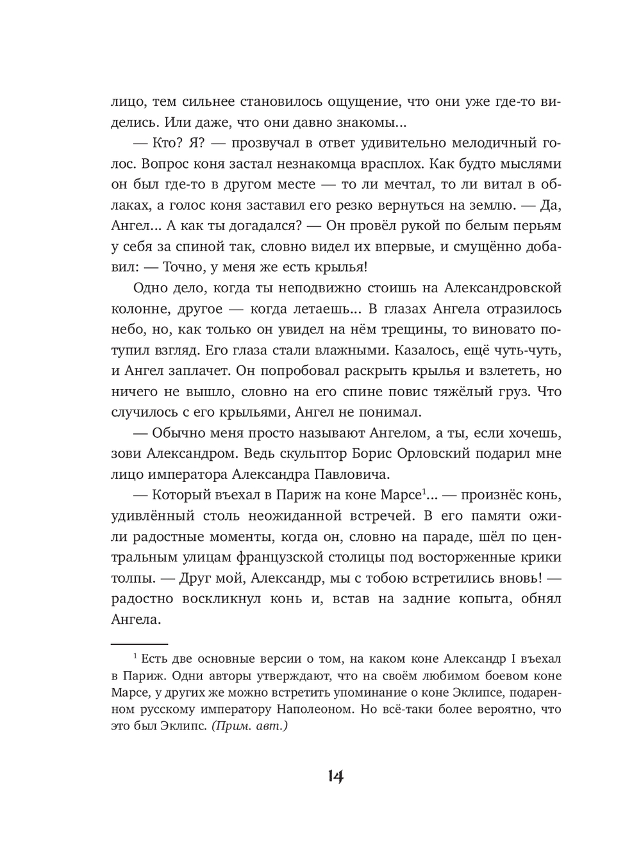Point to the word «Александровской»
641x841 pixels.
pos(498,288)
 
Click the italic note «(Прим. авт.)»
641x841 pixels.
pos(249,728)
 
